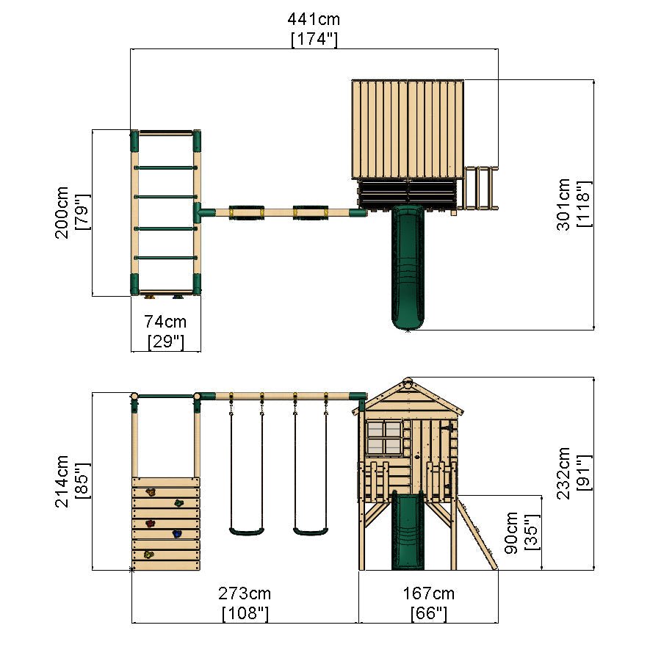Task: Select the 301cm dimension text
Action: [x=563, y=204]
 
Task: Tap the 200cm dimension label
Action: [x=62, y=212]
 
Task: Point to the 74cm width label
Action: [x=165, y=322]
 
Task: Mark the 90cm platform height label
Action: [x=513, y=532]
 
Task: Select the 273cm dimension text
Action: [x=245, y=593]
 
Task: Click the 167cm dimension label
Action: [x=428, y=593]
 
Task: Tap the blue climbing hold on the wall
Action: [x=177, y=534]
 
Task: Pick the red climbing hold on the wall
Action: [x=151, y=524]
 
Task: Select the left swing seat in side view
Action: [x=246, y=531]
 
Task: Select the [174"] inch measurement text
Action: [x=314, y=40]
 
